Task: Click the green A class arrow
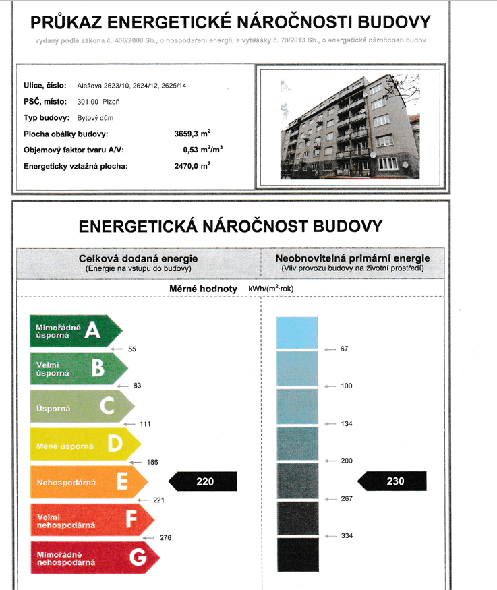point(74,330)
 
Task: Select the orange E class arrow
point(88,482)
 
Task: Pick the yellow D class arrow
point(84,444)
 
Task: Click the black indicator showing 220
point(203,481)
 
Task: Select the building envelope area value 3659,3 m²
point(192,134)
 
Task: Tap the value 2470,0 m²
point(192,165)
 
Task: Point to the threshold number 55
point(132,349)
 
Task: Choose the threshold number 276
point(166,538)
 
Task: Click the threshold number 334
point(347,536)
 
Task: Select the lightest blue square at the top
point(297,332)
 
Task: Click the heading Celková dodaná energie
point(138,258)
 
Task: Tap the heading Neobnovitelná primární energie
point(353,258)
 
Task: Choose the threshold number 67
point(345,349)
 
